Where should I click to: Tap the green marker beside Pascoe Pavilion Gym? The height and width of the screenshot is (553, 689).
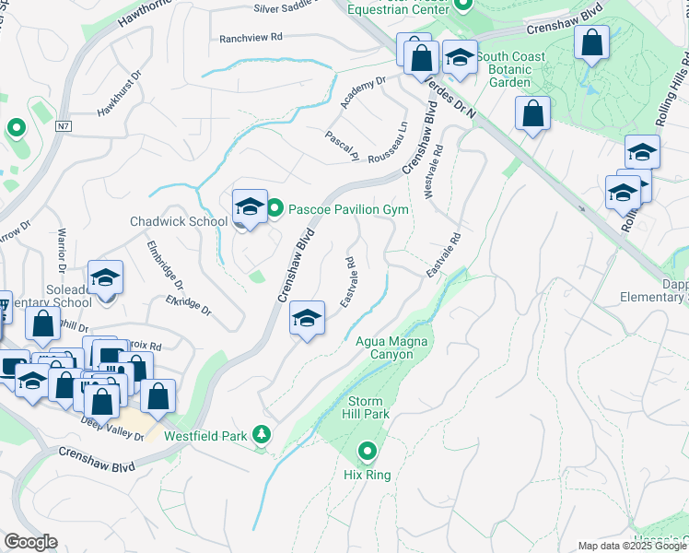pos(274,210)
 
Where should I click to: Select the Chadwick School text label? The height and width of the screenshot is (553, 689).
pos(178,222)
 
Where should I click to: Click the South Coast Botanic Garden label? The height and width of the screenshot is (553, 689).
pos(509,69)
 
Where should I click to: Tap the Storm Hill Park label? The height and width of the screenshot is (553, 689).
pos(368,407)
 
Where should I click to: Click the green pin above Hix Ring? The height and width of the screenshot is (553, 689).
pos(368,452)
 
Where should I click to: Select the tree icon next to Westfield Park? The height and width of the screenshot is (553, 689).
pos(263,433)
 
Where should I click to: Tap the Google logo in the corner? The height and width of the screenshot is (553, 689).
pos(30,542)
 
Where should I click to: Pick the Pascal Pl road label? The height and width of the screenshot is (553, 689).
pos(341,147)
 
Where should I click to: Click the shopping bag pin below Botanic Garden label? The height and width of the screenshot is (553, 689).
pos(532,115)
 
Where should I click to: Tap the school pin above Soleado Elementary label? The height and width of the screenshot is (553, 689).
pos(106,277)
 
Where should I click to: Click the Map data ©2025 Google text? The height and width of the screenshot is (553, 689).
pos(632,546)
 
